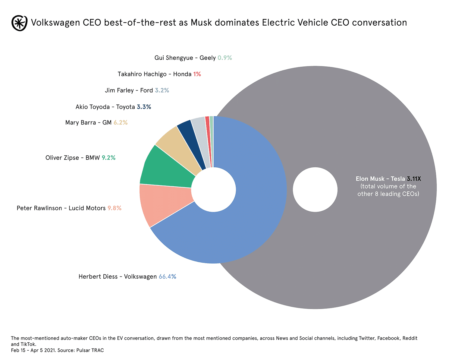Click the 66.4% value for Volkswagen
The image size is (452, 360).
167,276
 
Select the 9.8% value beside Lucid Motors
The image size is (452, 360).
115,208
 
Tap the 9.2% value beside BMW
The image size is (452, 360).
108,158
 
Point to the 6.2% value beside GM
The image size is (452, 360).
121,122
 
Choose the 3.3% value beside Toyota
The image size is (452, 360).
144,107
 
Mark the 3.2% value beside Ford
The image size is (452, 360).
162,90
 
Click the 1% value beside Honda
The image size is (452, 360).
197,74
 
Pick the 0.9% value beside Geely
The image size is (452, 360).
225,58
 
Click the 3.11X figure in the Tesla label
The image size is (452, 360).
414,179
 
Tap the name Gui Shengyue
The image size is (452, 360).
174,58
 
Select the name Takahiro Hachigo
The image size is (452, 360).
142,74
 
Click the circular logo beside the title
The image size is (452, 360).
19,23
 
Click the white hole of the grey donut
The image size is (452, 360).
315,190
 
